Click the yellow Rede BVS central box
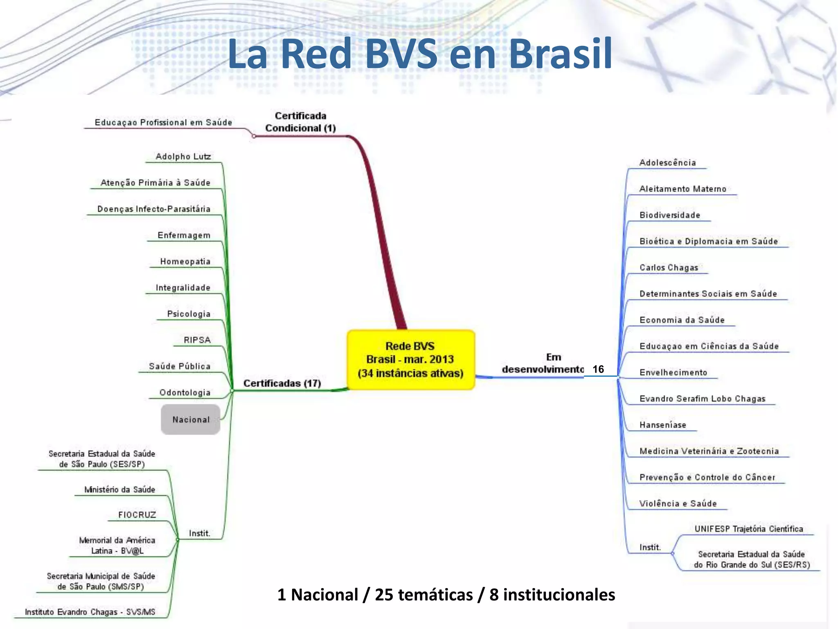coord(410,360)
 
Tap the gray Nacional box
coord(191,419)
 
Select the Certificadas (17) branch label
coord(282,383)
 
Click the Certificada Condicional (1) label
coord(300,122)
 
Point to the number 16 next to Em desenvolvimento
coord(598,369)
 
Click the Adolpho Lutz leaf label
coord(183,156)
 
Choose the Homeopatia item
coord(185,261)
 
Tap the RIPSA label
coord(197,340)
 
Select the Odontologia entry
coord(185,392)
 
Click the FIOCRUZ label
coord(137,515)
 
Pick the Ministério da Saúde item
coord(119,489)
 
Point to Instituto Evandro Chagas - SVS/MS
coord(90,612)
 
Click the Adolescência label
coord(667,163)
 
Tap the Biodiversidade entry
coord(669,215)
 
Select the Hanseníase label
coord(662,425)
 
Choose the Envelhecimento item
coord(673,372)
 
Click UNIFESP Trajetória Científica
coord(748,529)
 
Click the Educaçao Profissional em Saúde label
coord(163,122)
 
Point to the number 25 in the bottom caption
coord(384,595)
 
